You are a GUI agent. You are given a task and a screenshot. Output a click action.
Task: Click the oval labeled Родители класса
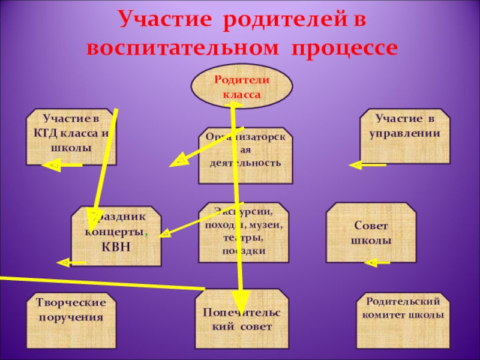(x=242, y=87)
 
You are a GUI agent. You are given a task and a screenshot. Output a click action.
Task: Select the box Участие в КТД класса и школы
(x=71, y=137)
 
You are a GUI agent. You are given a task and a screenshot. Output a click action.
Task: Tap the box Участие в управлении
(x=404, y=136)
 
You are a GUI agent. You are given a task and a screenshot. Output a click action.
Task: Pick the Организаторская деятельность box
(x=245, y=155)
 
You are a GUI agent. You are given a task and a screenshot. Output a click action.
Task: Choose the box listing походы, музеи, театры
(x=244, y=232)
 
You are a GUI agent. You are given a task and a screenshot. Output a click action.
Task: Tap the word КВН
(x=116, y=247)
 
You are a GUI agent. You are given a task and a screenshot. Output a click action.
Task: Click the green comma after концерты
(x=148, y=233)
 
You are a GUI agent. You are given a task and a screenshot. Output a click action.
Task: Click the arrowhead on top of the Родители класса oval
(x=235, y=105)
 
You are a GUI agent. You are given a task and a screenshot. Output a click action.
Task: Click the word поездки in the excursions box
(x=244, y=250)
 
